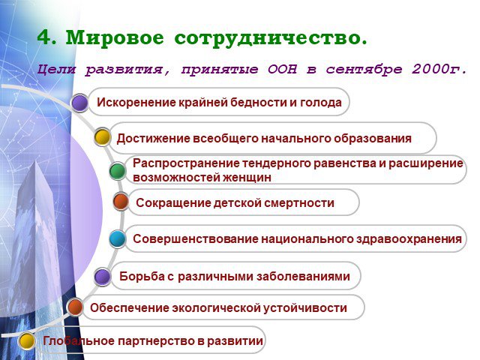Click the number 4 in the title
click(45, 37)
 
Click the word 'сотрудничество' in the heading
click(271, 38)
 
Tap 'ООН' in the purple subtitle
click(282, 69)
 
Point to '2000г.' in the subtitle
click(439, 69)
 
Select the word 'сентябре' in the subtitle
click(364, 70)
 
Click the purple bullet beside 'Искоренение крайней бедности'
click(80, 103)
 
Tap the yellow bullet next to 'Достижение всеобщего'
click(102, 136)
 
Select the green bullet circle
click(118, 171)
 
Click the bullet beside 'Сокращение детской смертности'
click(121, 202)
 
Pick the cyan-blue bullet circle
click(118, 238)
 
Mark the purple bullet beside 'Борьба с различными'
click(102, 277)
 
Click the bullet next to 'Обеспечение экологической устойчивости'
click(75, 307)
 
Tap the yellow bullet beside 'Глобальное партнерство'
click(27, 341)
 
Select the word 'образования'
click(373, 139)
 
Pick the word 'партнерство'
click(156, 341)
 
